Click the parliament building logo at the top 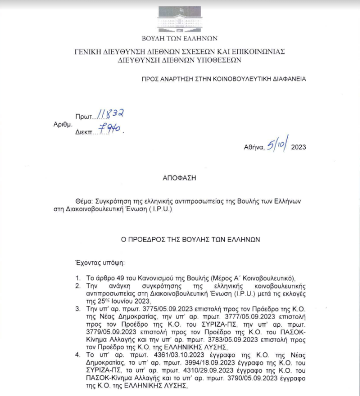[x=179, y=18]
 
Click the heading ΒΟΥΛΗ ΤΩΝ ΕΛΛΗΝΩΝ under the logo [x=179, y=38]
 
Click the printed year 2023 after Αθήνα [x=299, y=147]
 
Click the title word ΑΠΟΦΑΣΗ [x=179, y=177]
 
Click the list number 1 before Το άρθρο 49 [x=77, y=278]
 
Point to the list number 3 [x=77, y=308]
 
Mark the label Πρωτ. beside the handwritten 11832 [x=83, y=116]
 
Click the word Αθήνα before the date [x=254, y=147]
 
